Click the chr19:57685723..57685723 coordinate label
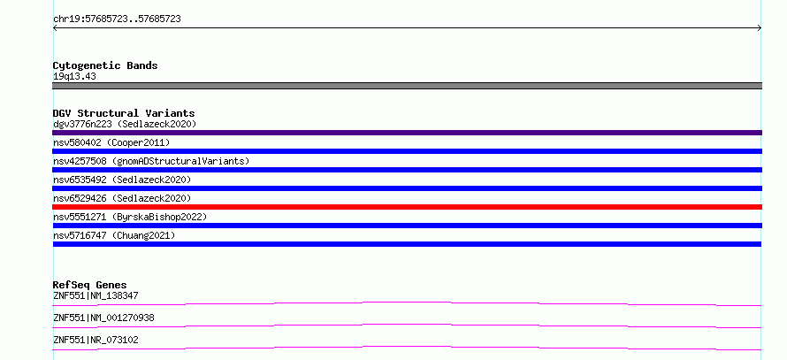click(117, 19)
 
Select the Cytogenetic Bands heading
click(105, 65)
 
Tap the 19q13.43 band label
click(74, 77)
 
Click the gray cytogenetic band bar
click(407, 86)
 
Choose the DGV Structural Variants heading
click(124, 113)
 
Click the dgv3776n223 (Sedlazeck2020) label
click(125, 124)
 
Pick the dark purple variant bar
click(407, 133)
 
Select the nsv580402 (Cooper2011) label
click(111, 142)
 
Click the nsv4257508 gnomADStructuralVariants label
click(151, 161)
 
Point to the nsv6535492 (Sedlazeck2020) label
click(122, 180)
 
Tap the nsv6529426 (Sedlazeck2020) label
click(122, 198)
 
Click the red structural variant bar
click(407, 207)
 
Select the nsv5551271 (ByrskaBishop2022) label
click(130, 217)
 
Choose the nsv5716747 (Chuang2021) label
click(114, 235)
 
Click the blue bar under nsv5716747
click(407, 244)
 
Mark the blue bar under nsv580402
click(407, 151)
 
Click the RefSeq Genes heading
click(90, 285)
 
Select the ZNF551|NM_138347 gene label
click(96, 295)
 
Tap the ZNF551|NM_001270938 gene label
click(103, 318)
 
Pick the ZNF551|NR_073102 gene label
click(96, 340)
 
